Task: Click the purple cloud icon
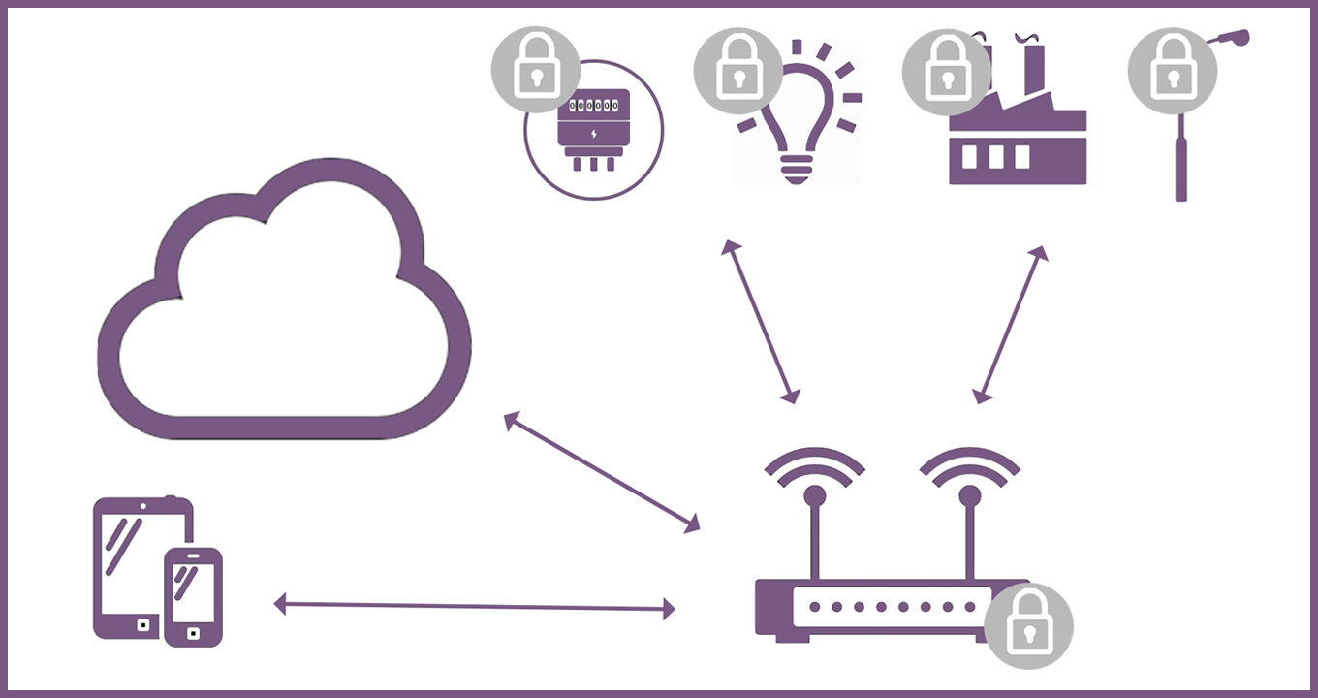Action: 281,310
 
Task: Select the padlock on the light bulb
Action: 737,71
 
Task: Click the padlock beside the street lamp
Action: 1172,71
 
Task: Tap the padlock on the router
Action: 1028,626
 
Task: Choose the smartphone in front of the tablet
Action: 193,596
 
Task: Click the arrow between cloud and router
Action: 602,472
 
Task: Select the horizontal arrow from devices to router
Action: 475,607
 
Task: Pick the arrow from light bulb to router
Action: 761,321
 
